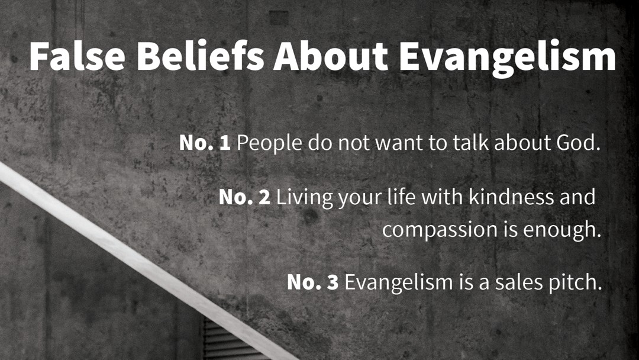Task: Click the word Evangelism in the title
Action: (508, 59)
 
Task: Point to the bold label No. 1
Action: (205, 143)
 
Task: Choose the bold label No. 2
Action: (244, 197)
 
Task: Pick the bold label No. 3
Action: (312, 282)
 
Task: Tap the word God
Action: (578, 143)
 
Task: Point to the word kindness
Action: (511, 197)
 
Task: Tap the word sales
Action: (517, 282)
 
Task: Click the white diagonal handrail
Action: (147, 261)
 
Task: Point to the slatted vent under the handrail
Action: (228, 341)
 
